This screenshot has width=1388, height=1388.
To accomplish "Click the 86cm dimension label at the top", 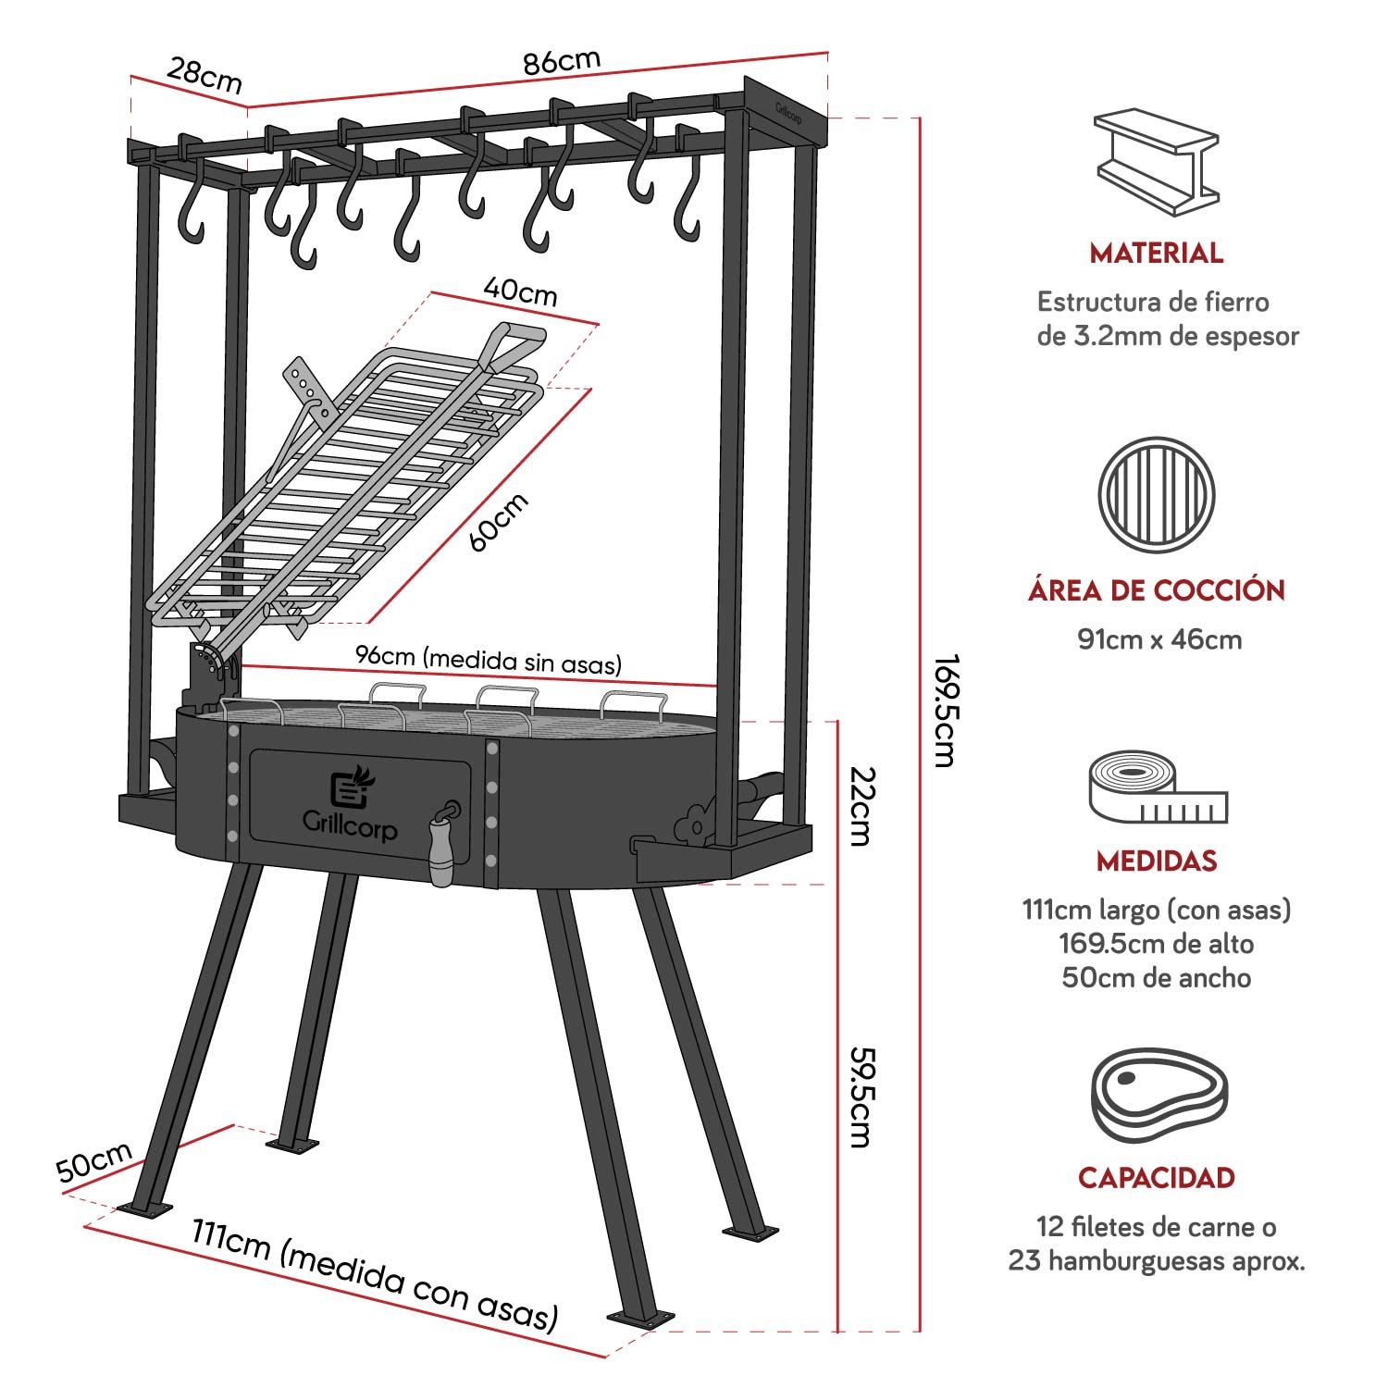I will tap(562, 62).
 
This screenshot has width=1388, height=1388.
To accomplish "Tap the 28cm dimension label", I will tap(204, 75).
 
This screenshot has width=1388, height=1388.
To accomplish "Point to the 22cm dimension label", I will tap(861, 806).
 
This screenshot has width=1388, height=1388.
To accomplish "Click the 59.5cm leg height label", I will tap(861, 1097).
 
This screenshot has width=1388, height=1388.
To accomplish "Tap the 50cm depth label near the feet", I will tap(94, 1162).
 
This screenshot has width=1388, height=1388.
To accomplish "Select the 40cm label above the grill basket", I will tap(521, 291).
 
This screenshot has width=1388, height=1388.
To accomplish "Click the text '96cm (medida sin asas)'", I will tap(489, 659).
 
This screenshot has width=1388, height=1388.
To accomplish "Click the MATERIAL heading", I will tap(1156, 253).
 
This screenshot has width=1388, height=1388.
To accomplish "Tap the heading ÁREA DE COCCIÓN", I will tap(1157, 590).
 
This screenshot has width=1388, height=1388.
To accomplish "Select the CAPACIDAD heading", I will tap(1157, 1178).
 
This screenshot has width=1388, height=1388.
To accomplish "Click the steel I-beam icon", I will tap(1156, 162).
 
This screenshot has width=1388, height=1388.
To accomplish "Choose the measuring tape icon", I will tap(1157, 789).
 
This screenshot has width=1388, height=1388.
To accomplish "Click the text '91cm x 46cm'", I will tap(1159, 639).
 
